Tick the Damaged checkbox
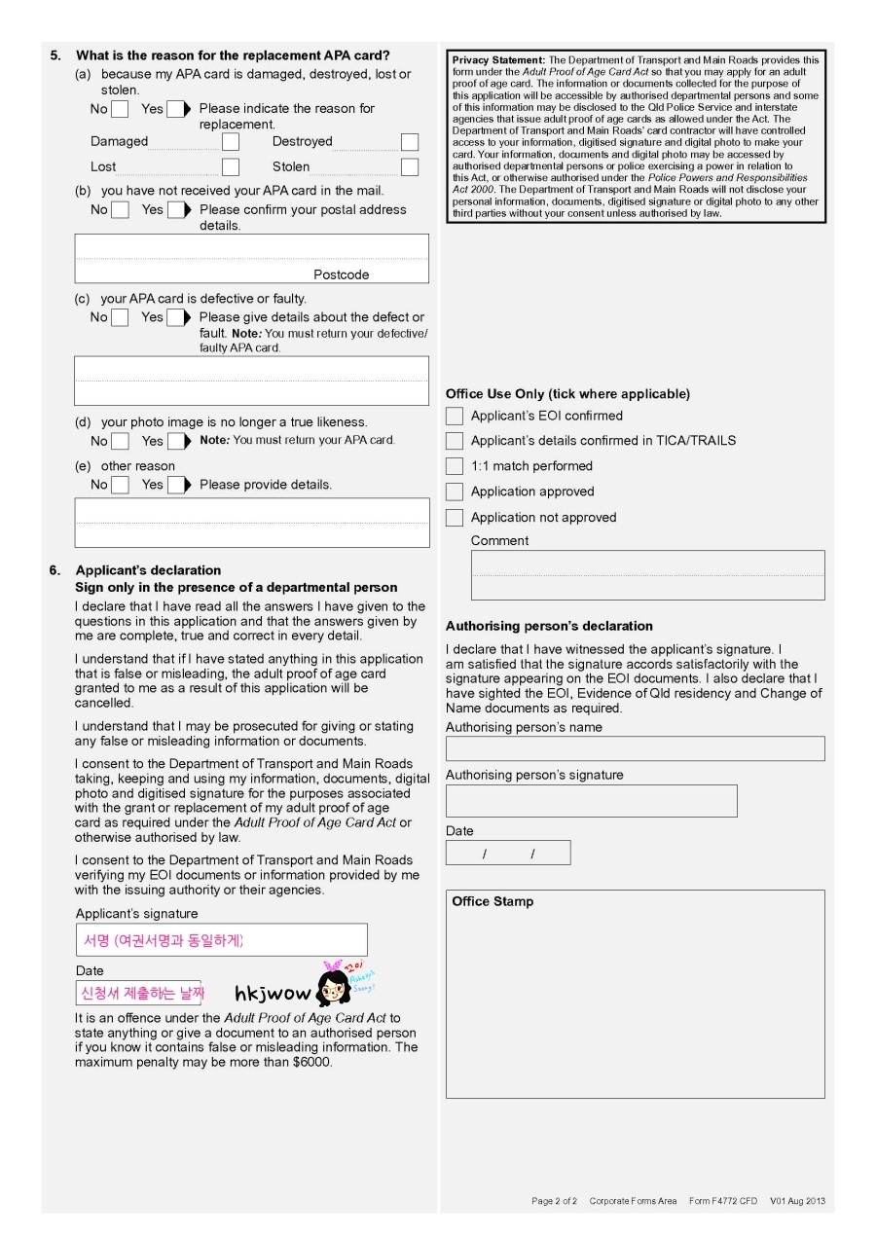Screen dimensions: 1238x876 231,142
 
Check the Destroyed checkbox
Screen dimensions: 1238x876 410,142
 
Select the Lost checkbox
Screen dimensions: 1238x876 231,167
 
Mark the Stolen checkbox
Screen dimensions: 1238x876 410,167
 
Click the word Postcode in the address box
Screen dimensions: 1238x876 341,274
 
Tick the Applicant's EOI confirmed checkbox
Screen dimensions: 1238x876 455,416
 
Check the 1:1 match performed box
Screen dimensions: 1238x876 455,466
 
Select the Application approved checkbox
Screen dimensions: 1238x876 455,492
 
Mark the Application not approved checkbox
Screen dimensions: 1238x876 455,518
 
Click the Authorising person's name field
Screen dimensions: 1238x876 635,748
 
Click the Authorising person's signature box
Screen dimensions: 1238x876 591,800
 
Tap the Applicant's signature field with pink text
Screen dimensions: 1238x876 222,940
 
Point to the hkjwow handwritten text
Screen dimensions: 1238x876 273,994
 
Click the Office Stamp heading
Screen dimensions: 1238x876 493,901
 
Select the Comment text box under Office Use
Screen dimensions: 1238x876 647,574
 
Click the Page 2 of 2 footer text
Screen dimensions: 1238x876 554,1201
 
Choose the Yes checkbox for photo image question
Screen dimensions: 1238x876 176,441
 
